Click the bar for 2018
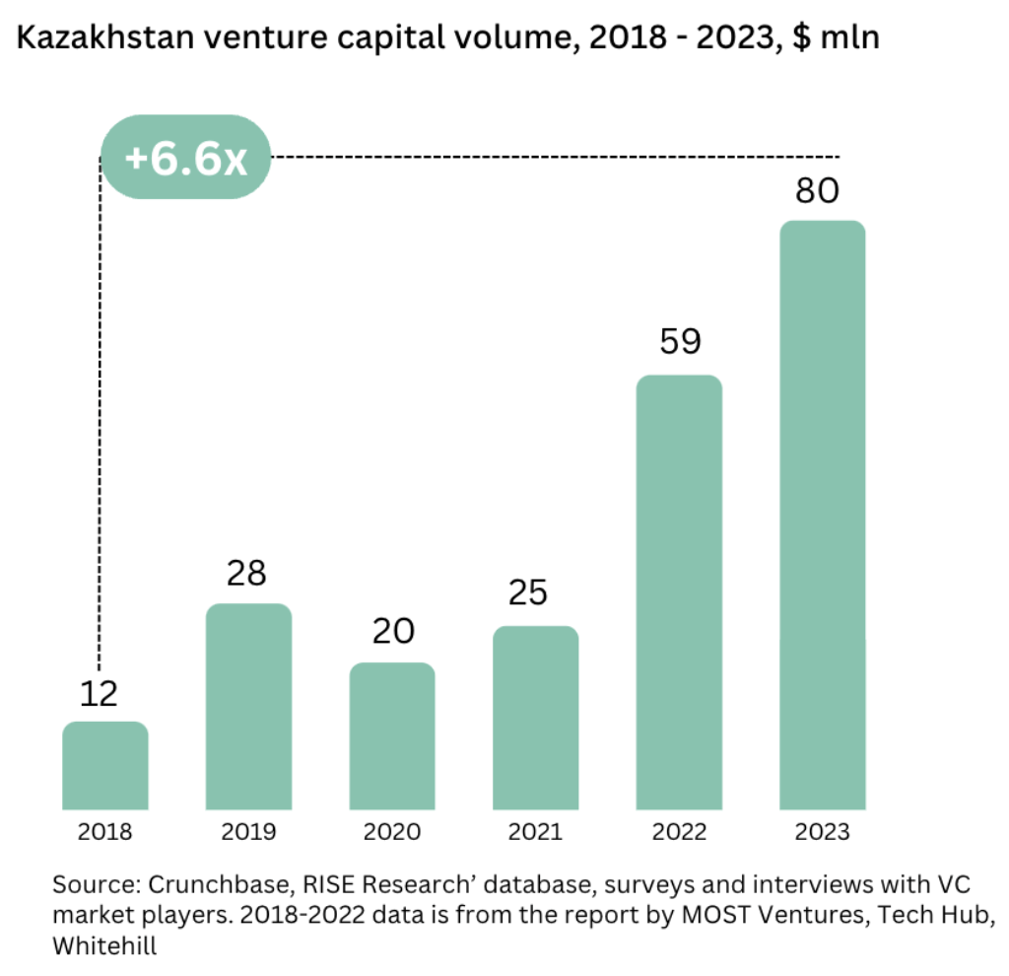tap(105, 766)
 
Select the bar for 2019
tap(248, 707)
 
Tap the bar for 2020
tap(392, 736)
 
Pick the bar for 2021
tap(536, 718)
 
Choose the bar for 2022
tap(679, 593)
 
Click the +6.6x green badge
tap(186, 158)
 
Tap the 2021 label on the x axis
tap(535, 832)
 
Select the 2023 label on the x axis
tap(823, 832)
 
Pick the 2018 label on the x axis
tap(105, 832)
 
